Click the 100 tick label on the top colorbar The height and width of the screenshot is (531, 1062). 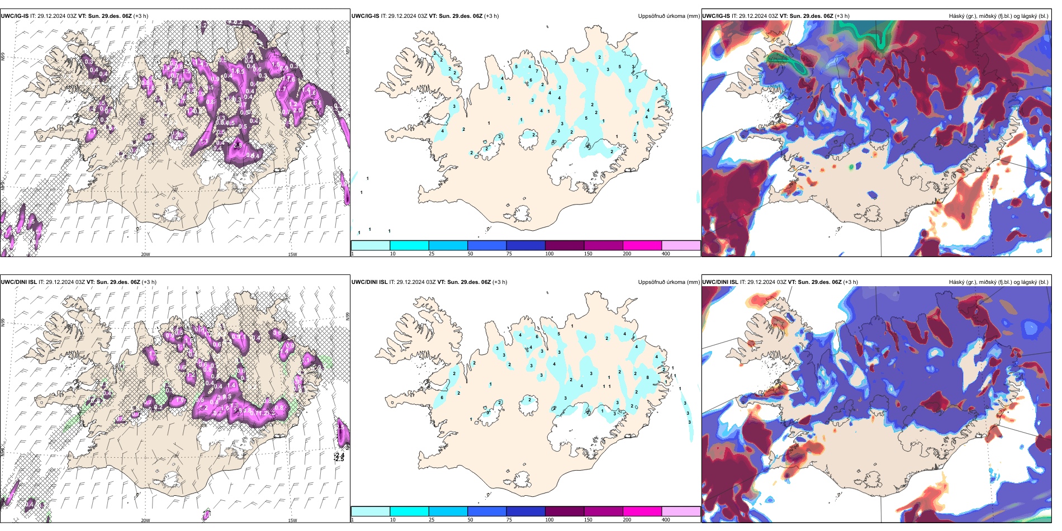pos(549,254)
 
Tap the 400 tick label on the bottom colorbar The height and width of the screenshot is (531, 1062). pos(666,520)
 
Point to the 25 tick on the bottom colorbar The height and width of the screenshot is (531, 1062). pos(432,520)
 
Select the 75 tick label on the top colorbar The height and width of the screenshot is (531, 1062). pos(509,254)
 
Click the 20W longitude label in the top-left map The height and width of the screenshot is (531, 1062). pos(145,254)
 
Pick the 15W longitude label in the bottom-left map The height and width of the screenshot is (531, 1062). pos(292,520)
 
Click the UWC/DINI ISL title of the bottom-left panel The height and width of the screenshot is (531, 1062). pos(18,282)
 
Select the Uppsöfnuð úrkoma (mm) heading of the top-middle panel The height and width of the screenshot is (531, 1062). pos(669,16)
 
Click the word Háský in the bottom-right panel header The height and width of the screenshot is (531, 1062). pos(957,282)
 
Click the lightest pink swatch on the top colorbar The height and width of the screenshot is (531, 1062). pos(681,245)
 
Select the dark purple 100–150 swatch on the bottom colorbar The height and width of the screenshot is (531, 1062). pos(564,511)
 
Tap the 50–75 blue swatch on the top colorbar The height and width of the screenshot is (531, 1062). pos(486,245)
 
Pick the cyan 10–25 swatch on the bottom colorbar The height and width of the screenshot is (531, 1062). pos(409,511)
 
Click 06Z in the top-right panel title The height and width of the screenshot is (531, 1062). pos(832,16)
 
